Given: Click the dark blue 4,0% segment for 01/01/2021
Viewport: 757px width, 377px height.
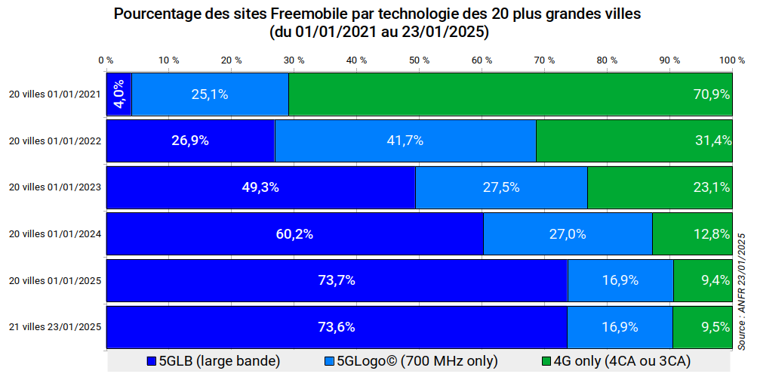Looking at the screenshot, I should [119, 94].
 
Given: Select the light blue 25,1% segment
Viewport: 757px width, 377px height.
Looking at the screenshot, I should [210, 94].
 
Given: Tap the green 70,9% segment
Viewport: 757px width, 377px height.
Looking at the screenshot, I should [510, 94].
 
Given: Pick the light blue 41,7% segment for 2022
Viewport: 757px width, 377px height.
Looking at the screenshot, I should [405, 141].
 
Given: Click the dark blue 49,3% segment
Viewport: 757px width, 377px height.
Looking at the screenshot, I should [260, 187].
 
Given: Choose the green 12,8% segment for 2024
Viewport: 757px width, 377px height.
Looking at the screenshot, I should [692, 234].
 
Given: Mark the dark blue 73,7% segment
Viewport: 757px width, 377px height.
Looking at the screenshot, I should [337, 280].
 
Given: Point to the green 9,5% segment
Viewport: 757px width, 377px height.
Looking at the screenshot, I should [702, 327].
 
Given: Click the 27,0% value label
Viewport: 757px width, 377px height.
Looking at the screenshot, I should [567, 234].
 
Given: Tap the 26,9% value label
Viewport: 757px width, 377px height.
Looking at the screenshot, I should [190, 141].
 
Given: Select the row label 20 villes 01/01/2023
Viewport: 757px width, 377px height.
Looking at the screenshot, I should [54, 187].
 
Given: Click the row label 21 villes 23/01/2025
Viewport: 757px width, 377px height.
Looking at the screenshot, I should [54, 327].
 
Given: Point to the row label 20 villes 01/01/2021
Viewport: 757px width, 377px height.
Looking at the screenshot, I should [54, 94].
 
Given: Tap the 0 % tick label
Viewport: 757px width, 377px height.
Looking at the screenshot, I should [106, 60].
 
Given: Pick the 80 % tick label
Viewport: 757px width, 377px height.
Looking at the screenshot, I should [607, 60].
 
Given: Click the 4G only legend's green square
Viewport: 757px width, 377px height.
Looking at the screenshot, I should [548, 361].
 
